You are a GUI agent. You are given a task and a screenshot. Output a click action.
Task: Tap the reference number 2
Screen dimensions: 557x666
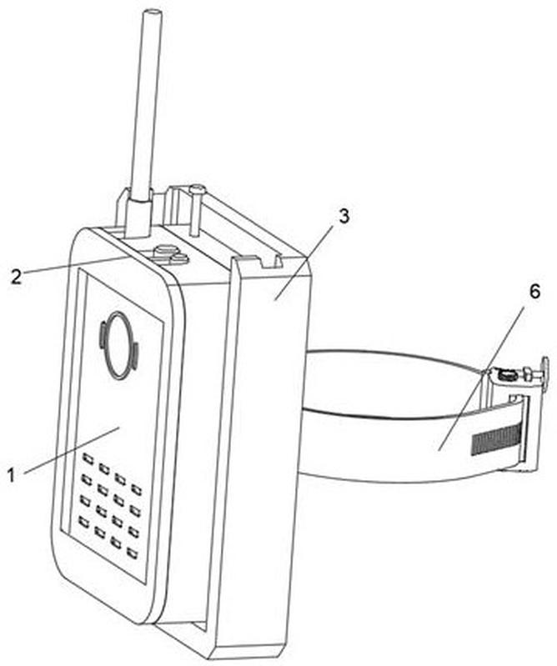[x=16, y=277]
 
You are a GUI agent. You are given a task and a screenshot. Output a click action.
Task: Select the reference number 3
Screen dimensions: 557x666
[x=344, y=216]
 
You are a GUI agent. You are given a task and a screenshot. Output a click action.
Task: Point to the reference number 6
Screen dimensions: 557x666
[x=534, y=292]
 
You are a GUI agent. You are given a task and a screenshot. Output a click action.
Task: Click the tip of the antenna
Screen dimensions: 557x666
[x=152, y=15]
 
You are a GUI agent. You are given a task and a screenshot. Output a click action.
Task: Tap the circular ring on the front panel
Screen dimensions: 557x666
[x=118, y=344]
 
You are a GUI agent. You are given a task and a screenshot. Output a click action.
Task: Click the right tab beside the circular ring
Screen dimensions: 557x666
[x=134, y=356]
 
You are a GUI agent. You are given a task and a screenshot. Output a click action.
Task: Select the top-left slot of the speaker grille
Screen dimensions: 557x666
[x=88, y=459]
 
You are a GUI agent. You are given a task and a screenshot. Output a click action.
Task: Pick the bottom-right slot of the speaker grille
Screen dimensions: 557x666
[x=133, y=553]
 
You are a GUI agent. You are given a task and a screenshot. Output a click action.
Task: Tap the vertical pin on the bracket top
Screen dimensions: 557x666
[x=196, y=209]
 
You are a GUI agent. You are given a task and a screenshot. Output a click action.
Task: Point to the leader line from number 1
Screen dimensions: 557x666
[x=73, y=450]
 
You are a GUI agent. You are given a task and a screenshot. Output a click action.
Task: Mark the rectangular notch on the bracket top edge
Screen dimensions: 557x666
[x=270, y=262]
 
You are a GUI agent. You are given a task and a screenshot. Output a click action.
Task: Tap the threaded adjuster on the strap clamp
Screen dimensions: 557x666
[x=505, y=375]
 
